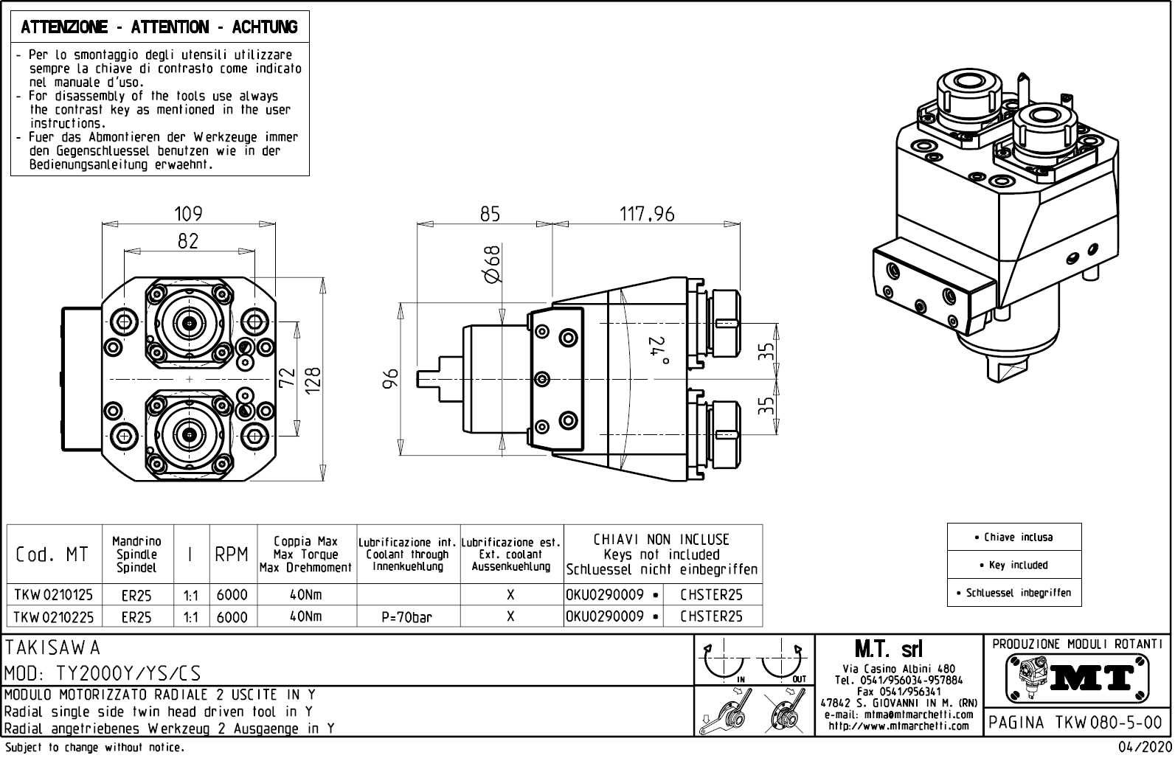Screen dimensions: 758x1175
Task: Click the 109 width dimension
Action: click(188, 214)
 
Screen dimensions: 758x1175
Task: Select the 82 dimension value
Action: click(188, 241)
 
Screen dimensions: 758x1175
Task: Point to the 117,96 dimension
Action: click(646, 214)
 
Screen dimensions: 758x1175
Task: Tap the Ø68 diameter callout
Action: click(492, 265)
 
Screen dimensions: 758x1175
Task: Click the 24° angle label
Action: click(658, 351)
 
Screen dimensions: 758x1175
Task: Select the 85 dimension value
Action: click(490, 214)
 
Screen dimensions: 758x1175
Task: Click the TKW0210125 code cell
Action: click(53, 594)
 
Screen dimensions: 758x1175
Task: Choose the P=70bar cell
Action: click(407, 617)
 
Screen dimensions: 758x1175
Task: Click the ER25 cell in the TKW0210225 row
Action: click(136, 617)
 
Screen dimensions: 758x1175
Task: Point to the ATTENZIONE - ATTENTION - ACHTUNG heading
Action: click(159, 27)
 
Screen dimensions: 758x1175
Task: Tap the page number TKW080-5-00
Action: click(1076, 723)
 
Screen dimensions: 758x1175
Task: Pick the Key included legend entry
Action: click(1014, 565)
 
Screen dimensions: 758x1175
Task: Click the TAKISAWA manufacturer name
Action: click(53, 648)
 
